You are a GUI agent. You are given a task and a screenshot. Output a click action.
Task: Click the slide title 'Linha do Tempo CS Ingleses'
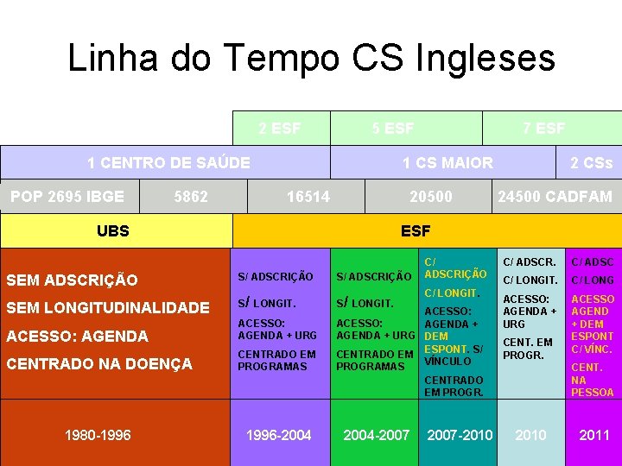click(x=311, y=59)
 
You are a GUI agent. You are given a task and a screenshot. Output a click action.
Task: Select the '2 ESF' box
click(x=280, y=129)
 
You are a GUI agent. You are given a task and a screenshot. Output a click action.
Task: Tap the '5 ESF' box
click(x=393, y=129)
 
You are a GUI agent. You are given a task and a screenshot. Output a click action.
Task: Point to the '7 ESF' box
click(x=544, y=129)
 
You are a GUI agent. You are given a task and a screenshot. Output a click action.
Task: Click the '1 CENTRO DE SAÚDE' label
click(x=168, y=162)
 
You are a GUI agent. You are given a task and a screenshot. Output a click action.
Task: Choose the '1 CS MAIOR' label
click(x=447, y=162)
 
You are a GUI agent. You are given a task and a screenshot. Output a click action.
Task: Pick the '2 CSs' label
click(x=591, y=162)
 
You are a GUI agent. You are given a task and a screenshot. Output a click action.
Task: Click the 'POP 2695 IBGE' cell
click(x=67, y=196)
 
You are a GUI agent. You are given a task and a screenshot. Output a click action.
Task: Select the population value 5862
click(x=191, y=197)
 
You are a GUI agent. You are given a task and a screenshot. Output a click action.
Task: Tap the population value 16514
click(x=308, y=197)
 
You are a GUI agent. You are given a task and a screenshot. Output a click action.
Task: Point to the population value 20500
click(x=430, y=197)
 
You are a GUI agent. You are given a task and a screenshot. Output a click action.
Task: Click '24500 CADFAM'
click(x=555, y=197)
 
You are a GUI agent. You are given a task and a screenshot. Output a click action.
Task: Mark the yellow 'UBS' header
click(x=113, y=230)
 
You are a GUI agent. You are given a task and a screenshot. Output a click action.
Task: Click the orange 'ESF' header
click(x=416, y=230)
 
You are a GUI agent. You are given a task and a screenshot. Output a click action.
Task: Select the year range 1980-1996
click(x=98, y=435)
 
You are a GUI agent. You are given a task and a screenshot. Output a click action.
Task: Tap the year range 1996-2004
click(x=279, y=435)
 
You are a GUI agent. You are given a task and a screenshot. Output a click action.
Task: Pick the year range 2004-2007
click(x=377, y=435)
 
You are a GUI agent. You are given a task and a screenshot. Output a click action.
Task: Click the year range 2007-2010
click(x=460, y=435)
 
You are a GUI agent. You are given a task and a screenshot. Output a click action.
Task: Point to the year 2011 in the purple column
click(x=594, y=435)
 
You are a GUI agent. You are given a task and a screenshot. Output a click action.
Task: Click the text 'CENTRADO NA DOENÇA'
click(x=99, y=364)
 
